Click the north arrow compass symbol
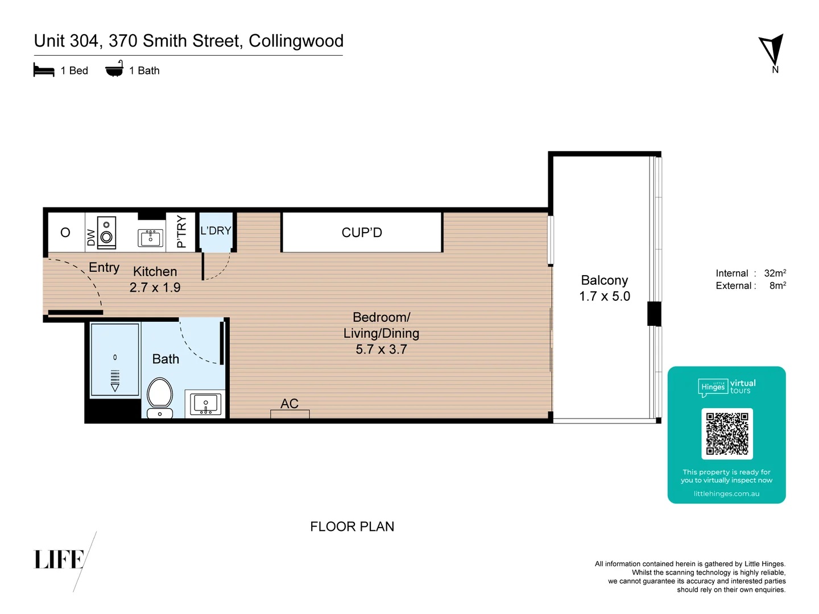tap(772, 50)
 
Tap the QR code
tap(727, 434)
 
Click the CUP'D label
tap(362, 233)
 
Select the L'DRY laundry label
tap(216, 231)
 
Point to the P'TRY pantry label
tap(181, 231)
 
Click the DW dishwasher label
tap(91, 237)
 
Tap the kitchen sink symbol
tap(151, 237)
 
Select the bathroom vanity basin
tap(205, 404)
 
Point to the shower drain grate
tap(115, 376)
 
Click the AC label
tap(289, 404)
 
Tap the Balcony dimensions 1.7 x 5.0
tap(605, 296)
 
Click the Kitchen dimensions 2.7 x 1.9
tap(155, 288)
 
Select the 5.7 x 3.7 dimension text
tap(381, 350)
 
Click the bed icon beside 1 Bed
tap(44, 70)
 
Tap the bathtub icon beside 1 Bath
tap(114, 69)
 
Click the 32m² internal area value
tap(775, 273)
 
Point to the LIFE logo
tap(59, 559)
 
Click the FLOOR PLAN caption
tap(352, 527)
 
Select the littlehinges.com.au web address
tap(726, 494)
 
